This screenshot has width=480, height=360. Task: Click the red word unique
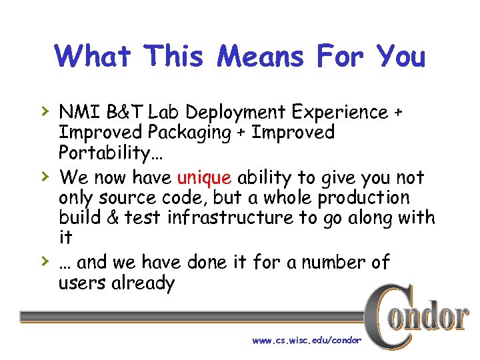click(204, 178)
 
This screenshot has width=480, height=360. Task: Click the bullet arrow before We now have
click(44, 176)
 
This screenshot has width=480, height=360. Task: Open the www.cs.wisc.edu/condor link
click(307, 341)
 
